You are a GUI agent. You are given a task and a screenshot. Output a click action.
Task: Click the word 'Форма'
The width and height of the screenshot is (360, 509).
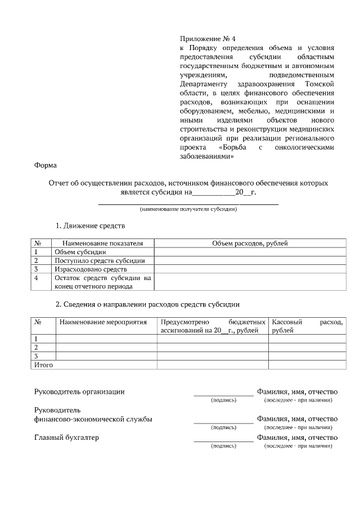tap(45, 165)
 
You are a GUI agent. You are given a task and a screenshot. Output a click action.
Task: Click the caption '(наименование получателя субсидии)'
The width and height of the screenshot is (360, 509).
tap(188, 209)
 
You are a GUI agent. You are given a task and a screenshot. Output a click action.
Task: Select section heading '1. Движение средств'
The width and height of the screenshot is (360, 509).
tap(89, 226)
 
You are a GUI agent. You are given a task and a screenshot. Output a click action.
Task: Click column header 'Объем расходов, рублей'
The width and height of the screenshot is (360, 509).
tap(249, 244)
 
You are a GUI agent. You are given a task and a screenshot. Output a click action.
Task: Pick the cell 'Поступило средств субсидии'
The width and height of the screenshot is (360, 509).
tap(100, 260)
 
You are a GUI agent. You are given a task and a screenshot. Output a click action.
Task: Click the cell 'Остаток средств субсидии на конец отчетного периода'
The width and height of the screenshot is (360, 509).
tap(103, 282)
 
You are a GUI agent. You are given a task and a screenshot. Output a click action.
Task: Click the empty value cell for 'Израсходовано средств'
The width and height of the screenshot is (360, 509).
tap(249, 269)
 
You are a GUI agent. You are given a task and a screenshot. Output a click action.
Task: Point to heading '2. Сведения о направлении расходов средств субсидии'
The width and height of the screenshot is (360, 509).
tap(147, 305)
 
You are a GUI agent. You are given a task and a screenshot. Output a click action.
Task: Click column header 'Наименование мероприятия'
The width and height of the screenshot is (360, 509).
tap(103, 322)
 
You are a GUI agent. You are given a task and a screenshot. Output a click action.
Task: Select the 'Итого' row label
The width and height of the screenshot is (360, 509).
tap(44, 364)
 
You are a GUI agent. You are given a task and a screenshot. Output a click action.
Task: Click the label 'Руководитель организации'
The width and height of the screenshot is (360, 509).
tap(79, 391)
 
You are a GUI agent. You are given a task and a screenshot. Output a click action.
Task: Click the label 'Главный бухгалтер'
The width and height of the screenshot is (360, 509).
tap(66, 438)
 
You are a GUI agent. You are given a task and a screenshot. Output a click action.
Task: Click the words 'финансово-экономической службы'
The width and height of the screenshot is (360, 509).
tap(93, 419)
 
